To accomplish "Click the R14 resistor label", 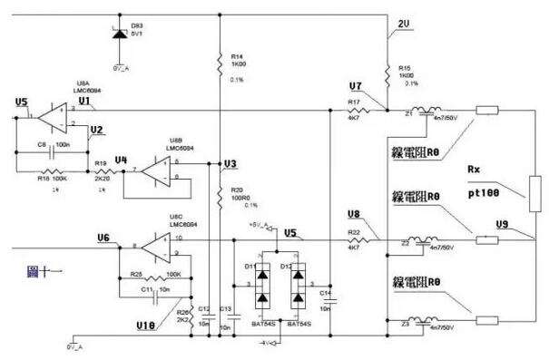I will tap(237, 54).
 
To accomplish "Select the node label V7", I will tap(356, 86).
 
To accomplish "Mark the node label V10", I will tap(145, 324).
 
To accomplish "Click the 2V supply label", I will tap(405, 23).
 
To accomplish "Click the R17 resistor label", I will tap(355, 102).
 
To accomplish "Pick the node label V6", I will tap(103, 238).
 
